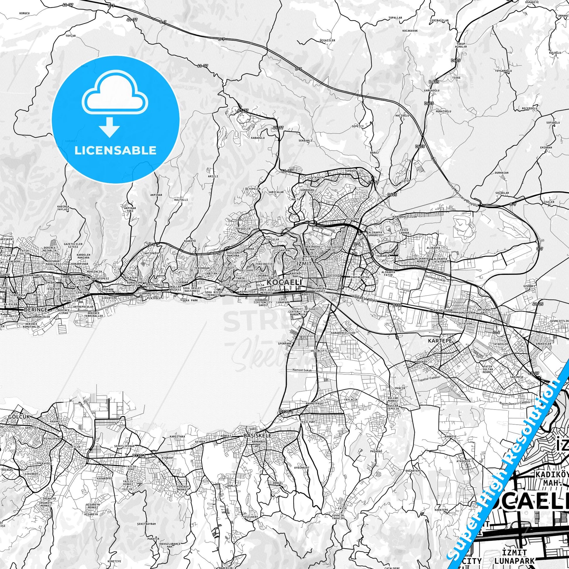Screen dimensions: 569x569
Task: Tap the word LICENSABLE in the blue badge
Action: coord(115,150)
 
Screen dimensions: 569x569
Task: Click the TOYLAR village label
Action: coord(71,36)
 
